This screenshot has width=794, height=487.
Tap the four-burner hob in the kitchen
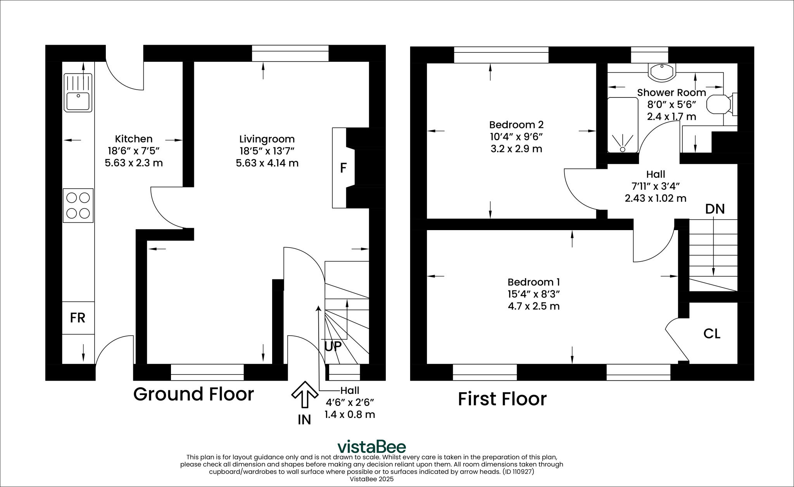[78, 205]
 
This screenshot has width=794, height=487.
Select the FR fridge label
[78, 318]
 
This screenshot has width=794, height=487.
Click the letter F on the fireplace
[343, 168]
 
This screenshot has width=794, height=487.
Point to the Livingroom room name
[267, 139]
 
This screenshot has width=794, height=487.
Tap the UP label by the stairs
[333, 347]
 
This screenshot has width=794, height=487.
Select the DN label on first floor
[715, 209]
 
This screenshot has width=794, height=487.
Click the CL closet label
[712, 334]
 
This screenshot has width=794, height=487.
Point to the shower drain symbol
[623, 149]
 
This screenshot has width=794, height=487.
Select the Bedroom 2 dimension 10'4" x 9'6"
[516, 137]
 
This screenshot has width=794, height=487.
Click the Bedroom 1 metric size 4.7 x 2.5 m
[533, 306]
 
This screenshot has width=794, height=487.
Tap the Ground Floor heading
[193, 394]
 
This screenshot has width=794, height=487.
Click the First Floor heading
[502, 399]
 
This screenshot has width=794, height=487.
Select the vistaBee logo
[371, 447]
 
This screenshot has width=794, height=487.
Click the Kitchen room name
[133, 139]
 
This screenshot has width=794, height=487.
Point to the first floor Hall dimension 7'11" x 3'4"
[655, 186]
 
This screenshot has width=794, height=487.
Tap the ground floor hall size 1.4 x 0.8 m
[349, 414]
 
